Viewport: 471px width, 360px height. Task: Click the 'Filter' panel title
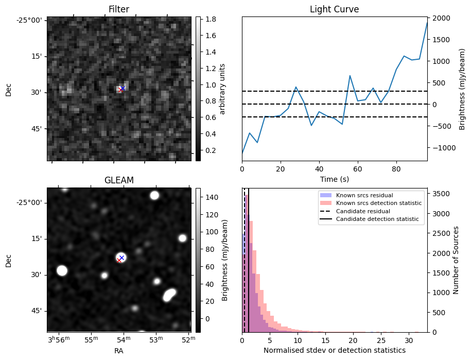[118, 9]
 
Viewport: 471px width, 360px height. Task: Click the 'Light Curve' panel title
[334, 9]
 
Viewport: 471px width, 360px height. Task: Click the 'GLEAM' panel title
[118, 180]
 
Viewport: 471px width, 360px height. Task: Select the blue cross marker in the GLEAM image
[121, 258]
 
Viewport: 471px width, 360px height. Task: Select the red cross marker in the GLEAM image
[119, 261]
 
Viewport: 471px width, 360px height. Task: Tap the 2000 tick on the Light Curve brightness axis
[443, 19]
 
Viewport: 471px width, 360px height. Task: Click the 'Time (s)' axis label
[334, 179]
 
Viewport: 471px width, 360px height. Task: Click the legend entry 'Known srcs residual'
[364, 196]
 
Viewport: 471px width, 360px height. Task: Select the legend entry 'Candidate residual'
[363, 212]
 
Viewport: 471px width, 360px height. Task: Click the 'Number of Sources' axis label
[456, 260]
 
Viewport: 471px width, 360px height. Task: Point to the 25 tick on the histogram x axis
[381, 340]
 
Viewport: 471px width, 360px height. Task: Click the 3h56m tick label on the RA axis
[58, 340]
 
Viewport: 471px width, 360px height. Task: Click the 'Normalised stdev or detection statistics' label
[334, 351]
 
